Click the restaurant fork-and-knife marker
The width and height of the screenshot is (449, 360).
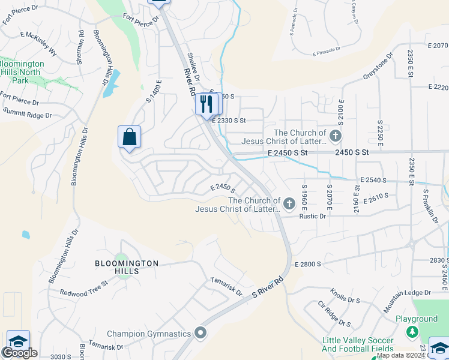tap(207, 104)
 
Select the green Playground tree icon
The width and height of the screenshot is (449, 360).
tap(412, 331)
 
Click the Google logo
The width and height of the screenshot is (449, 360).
tap(20, 353)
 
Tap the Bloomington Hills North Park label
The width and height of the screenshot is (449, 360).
tap(22, 71)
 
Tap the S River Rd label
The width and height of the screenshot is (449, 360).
tap(267, 289)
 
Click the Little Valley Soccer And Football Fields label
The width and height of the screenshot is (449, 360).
tap(357, 344)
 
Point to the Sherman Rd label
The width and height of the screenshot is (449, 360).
tap(81, 46)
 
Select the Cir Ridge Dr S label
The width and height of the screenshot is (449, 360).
tap(334, 314)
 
